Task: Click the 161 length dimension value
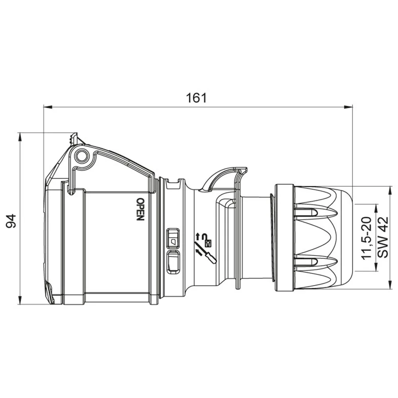pos(196,98)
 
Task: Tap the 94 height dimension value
pos(11,221)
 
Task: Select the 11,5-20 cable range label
pos(367,238)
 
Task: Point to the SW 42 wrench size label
pos(383,237)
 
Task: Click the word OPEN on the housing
pos(140,209)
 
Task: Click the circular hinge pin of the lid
pos(82,156)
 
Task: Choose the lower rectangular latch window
pos(173,262)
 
